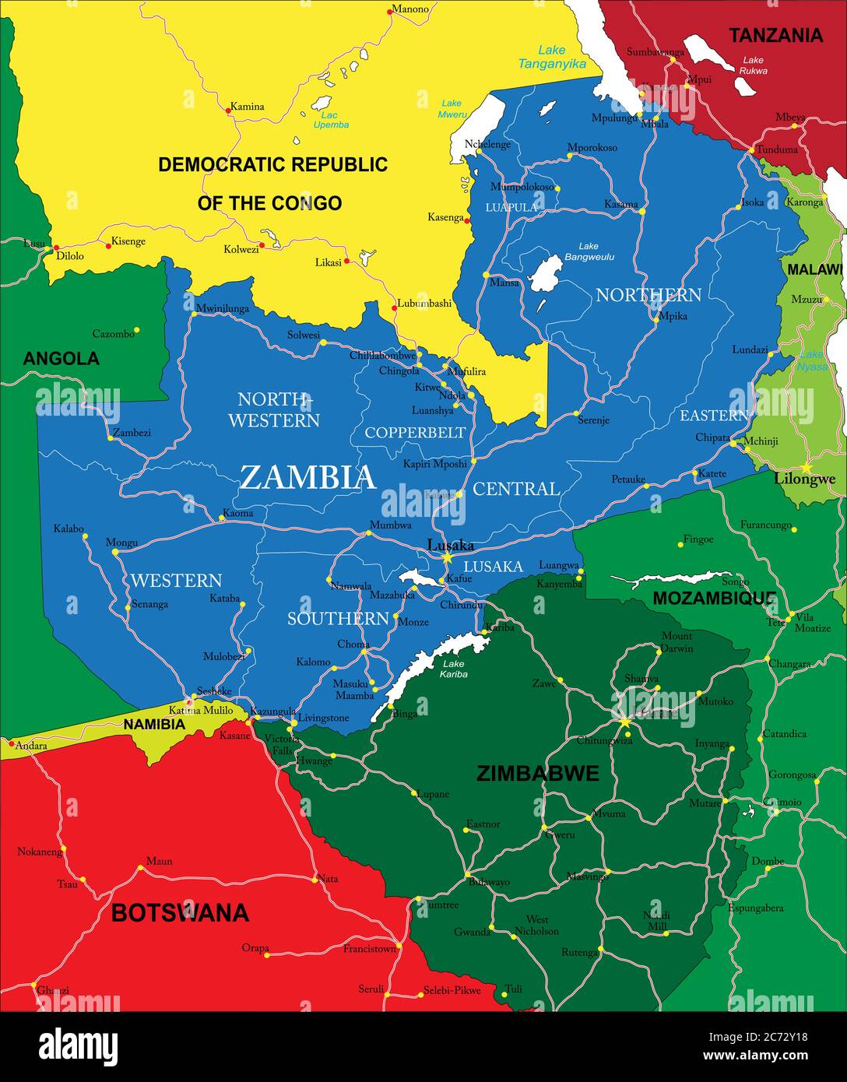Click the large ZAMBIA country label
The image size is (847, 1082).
coord(308,477)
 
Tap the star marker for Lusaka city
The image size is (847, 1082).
coord(447,558)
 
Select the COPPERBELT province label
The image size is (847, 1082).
coord(415,433)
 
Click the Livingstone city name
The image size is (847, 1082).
coord(324,718)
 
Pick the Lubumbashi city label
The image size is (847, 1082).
coord(424,304)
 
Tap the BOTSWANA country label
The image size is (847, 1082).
coord(180,912)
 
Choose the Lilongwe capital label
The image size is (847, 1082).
coord(804,479)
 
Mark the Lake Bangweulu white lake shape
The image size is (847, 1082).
coord(545,274)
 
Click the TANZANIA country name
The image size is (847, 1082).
coord(775,35)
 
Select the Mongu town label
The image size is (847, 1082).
coord(121,542)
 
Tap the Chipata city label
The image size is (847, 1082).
coord(712,437)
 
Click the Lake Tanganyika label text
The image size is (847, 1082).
coord(552,57)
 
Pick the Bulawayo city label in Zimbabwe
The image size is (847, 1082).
coord(489,882)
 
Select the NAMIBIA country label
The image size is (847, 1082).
coord(154,725)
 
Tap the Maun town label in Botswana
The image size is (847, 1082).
coord(159,861)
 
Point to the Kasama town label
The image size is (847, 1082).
coord(620,204)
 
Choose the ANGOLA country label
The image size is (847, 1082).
coord(61,359)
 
